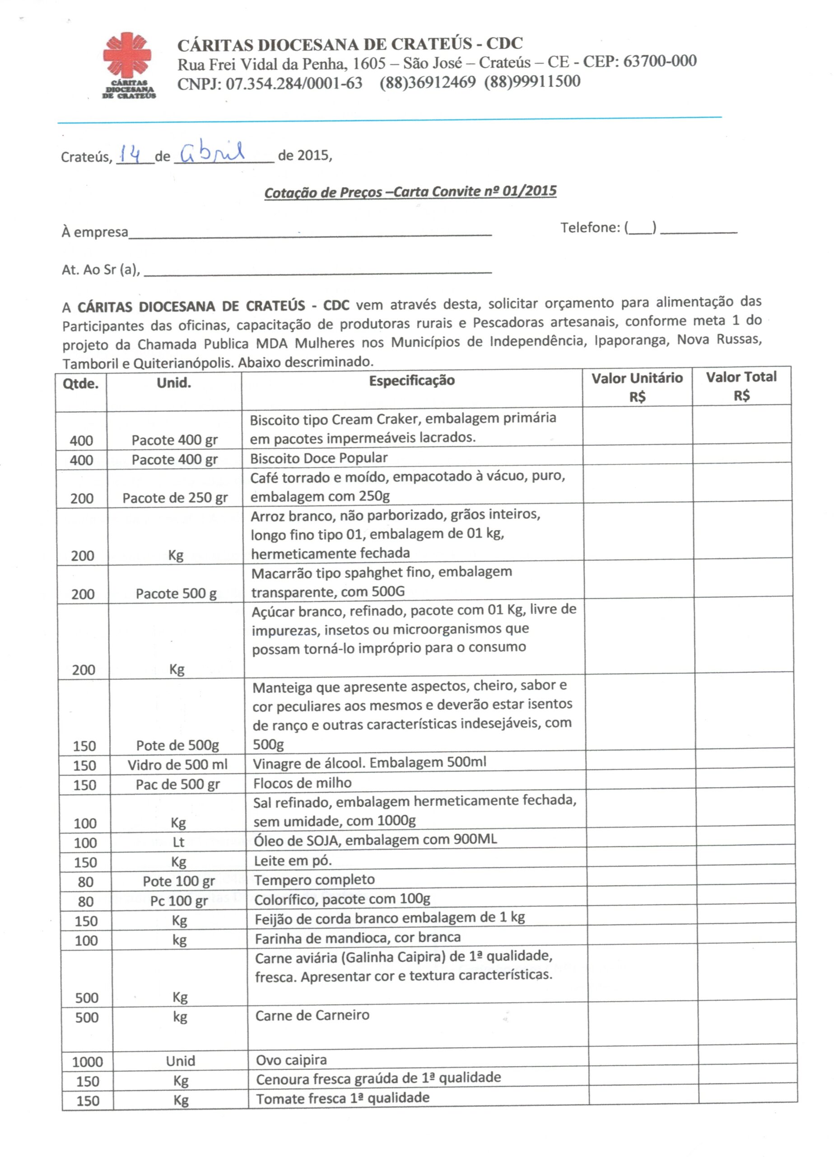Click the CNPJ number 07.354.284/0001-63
click(x=270, y=83)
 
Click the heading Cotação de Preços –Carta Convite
click(x=410, y=192)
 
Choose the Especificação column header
click(x=411, y=380)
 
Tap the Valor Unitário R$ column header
click(x=637, y=387)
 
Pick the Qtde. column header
click(x=80, y=383)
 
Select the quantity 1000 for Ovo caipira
click(x=87, y=1062)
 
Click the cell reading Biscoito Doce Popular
click(x=319, y=457)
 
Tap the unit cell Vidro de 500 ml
click(x=177, y=765)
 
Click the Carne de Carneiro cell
click(x=312, y=1015)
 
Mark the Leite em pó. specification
click(x=293, y=861)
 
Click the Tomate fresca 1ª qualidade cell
click(x=343, y=1098)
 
